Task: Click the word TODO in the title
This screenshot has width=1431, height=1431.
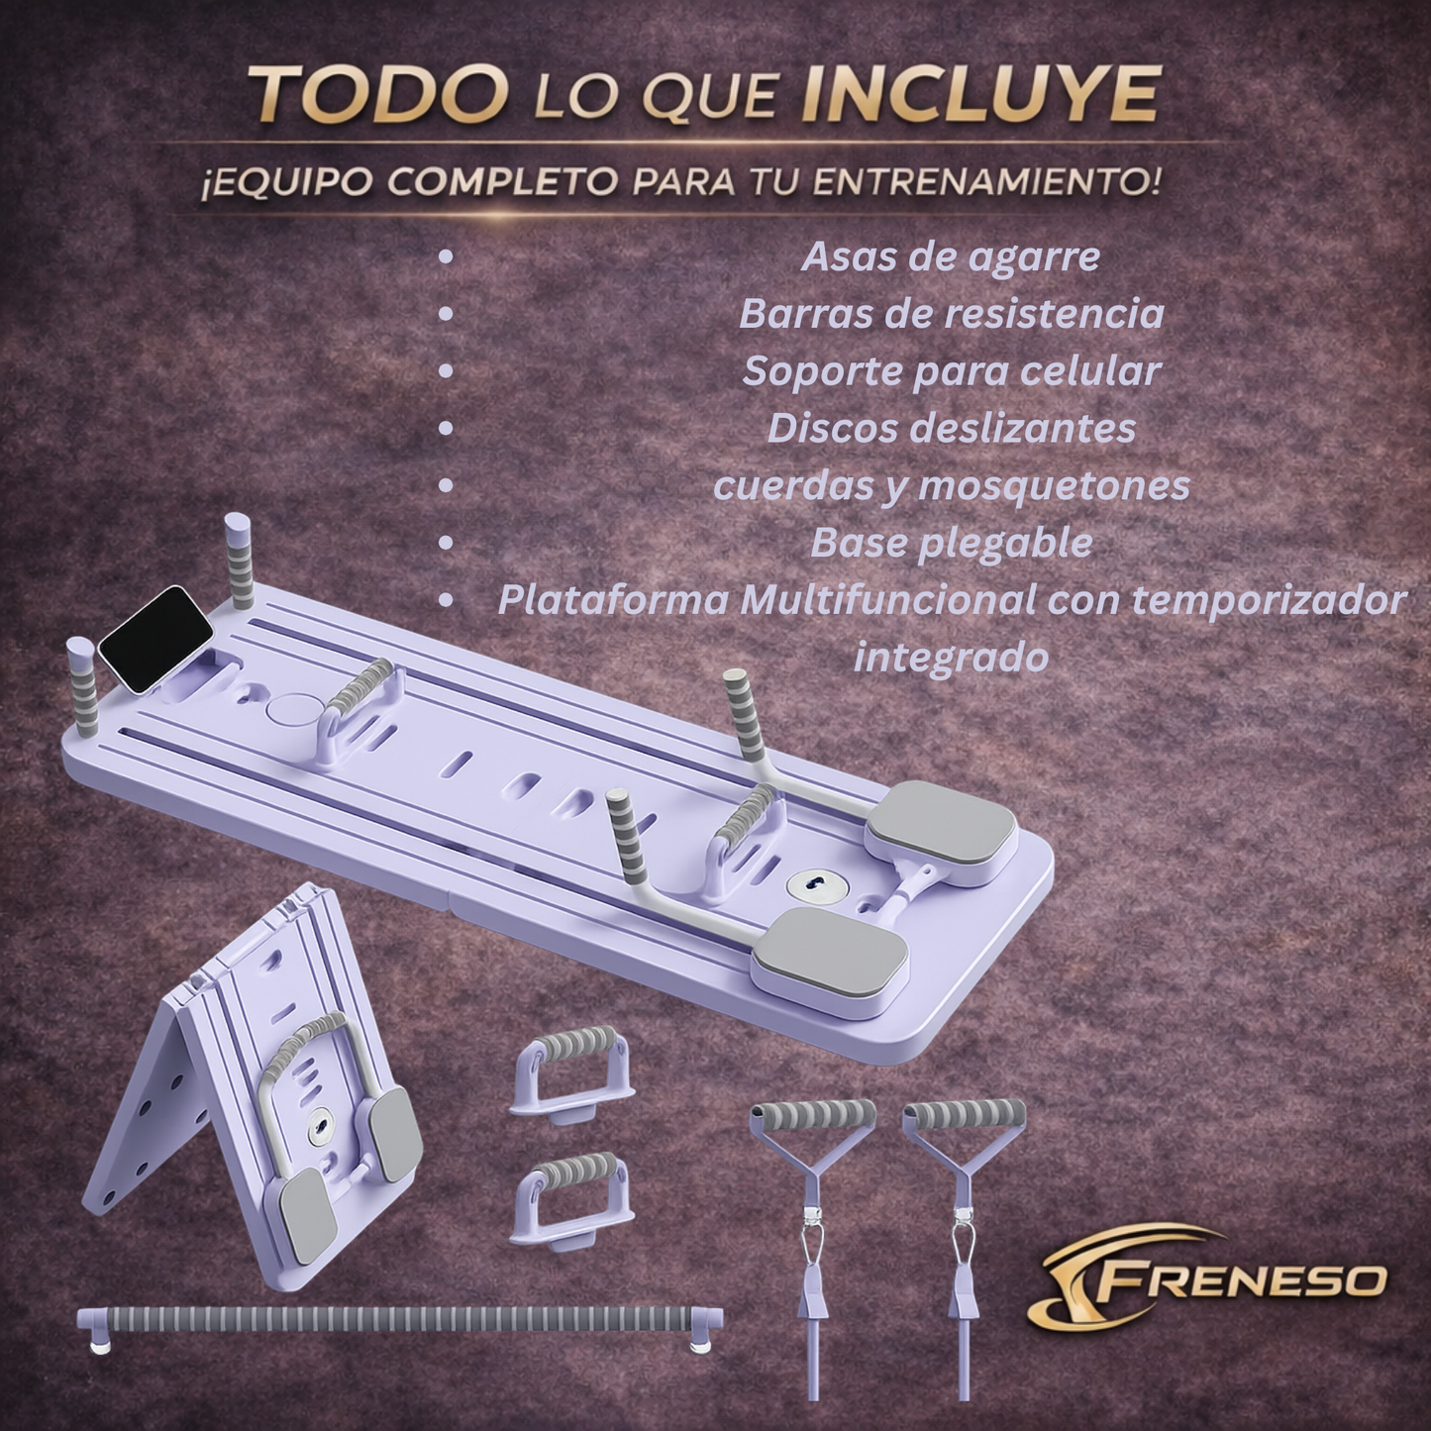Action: click(378, 94)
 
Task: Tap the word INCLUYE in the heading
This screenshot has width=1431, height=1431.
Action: click(979, 94)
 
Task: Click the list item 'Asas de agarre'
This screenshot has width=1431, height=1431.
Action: click(950, 256)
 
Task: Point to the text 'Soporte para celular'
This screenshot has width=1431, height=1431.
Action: click(951, 371)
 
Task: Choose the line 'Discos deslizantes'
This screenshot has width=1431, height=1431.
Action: click(951, 429)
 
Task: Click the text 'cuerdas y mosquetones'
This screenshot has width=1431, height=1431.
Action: click(951, 486)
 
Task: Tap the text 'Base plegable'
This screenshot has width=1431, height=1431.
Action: click(951, 543)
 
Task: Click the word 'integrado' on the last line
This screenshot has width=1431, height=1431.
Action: click(951, 657)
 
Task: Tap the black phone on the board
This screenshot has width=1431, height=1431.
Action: click(155, 640)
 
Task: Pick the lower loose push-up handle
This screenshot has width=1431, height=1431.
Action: click(572, 1198)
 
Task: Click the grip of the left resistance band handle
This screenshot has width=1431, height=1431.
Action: click(814, 1115)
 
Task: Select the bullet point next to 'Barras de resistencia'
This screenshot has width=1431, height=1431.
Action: click(446, 314)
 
